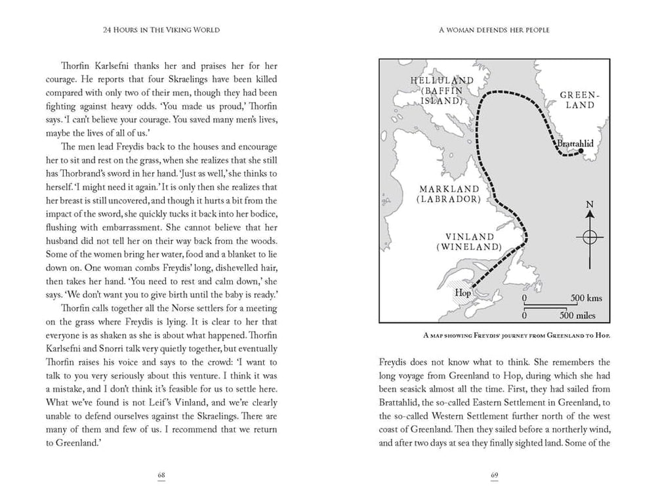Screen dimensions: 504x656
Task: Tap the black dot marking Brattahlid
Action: [581, 152]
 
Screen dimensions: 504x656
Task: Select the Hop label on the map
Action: [463, 293]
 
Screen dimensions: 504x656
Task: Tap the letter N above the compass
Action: [590, 205]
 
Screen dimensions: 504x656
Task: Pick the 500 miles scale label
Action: [577, 316]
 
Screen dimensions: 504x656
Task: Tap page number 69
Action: [495, 474]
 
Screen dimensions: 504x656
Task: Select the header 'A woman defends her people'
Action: [495, 30]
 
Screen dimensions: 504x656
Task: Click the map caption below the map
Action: [495, 336]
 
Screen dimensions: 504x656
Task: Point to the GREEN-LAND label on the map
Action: [577, 100]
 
